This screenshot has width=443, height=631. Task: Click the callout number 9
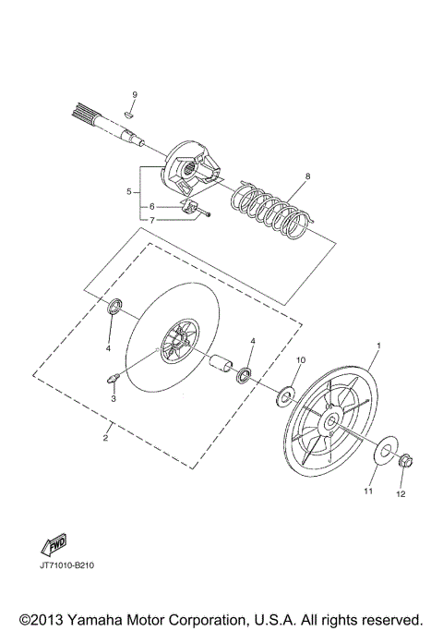point(134,95)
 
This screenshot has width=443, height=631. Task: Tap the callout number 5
point(130,191)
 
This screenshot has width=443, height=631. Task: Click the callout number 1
point(377,345)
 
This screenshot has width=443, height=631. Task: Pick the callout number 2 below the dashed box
point(106,437)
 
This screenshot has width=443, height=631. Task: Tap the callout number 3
point(114,398)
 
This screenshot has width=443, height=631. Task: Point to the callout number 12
point(401,494)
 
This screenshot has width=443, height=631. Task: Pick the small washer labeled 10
point(285,395)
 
